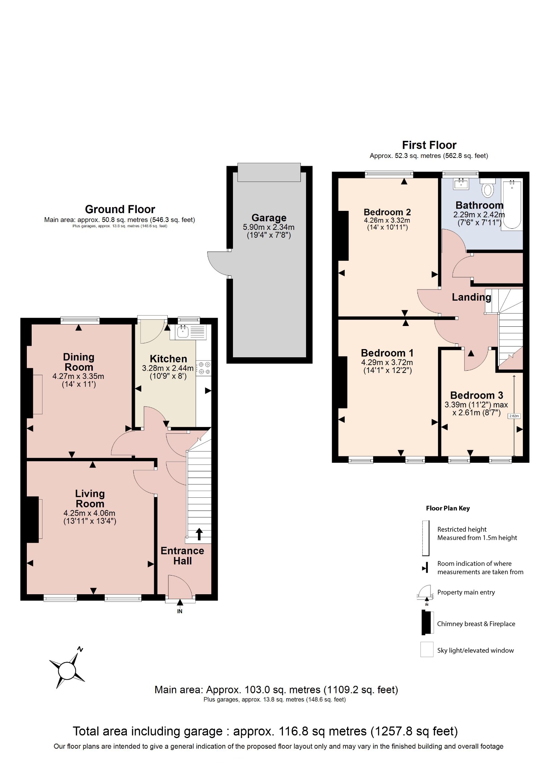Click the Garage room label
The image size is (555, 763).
pos(269,218)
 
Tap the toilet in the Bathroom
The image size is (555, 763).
pos(487,189)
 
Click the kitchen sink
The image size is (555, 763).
pos(183,332)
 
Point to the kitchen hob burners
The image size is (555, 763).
pos(204,368)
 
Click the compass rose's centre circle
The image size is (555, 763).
pos(67,671)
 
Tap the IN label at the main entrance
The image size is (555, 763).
pos(180,611)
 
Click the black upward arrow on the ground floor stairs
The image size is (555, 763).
pos(199,534)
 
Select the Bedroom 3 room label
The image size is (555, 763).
pos(476,395)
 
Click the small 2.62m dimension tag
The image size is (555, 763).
pos(514,416)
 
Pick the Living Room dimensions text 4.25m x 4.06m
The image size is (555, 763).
pos(89,513)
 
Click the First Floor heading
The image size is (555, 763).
pos(429,145)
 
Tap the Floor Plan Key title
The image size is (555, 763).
pos(448,508)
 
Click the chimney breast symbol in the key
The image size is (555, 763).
pos(425,622)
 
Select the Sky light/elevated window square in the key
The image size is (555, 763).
pos(427,649)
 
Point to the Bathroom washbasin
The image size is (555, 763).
pos(461,183)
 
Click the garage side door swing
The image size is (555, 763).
pos(218,263)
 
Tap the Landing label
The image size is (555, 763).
pos(471,297)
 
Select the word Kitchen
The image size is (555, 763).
pos(168,359)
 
